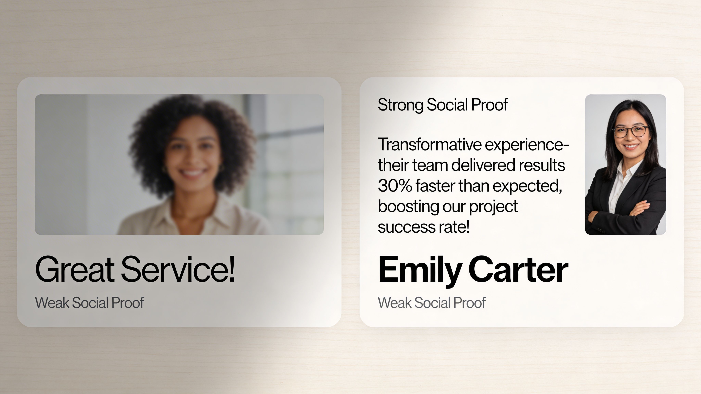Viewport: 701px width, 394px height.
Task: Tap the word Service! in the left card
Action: (x=178, y=270)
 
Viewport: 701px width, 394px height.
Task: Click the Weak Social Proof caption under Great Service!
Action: (x=89, y=303)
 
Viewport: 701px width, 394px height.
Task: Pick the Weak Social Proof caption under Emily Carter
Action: (x=432, y=303)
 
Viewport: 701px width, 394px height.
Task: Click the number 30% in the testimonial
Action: (x=395, y=186)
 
